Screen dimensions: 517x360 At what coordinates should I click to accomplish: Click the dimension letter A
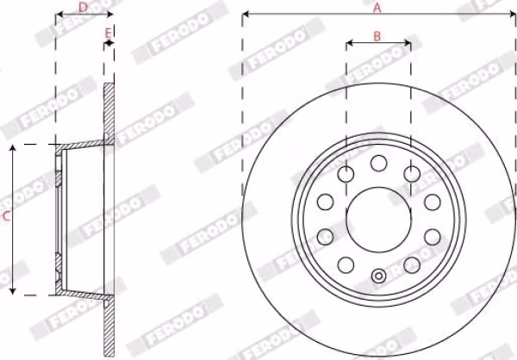(x=377, y=8)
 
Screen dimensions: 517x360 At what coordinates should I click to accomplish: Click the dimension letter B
(x=377, y=36)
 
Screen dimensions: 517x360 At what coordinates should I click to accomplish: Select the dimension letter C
(x=6, y=216)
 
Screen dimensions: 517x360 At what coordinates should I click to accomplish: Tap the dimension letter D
(x=83, y=7)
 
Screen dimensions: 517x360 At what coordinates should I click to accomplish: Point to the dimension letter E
(x=109, y=33)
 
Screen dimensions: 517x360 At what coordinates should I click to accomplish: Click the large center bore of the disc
(x=379, y=220)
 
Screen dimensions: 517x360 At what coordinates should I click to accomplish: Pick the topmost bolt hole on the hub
(x=378, y=163)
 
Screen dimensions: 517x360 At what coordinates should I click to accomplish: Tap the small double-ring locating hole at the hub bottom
(x=379, y=276)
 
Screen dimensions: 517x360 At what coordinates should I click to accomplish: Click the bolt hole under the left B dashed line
(x=346, y=174)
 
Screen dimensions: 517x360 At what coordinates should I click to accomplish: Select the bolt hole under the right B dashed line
(x=412, y=174)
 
